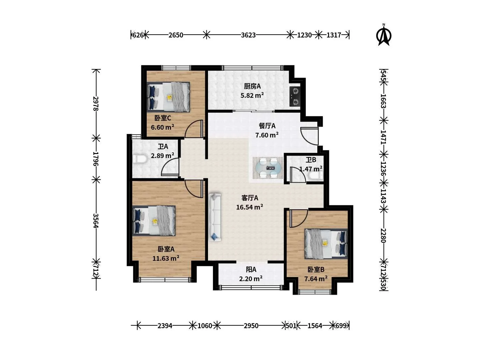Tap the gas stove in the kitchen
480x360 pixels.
pos(295,96)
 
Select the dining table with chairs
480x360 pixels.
pos(268,168)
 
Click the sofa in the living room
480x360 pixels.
pos(215,217)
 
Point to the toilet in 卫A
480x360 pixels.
pos(140,159)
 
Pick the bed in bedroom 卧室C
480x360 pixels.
pos(168,97)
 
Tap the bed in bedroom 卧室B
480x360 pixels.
pos(326,244)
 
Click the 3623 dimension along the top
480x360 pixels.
pos(248,35)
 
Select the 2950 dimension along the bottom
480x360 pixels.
pos(251,326)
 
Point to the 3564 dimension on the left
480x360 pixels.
pos(96,221)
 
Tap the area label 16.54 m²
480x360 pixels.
pos(250,207)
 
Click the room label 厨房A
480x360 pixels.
pos(252,86)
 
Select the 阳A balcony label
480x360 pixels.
pos(251,270)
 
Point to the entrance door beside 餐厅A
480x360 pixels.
pos(309,136)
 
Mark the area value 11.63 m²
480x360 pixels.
pos(166,258)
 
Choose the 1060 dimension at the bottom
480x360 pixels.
pos(205,326)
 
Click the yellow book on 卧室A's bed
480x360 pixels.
pos(155,221)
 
